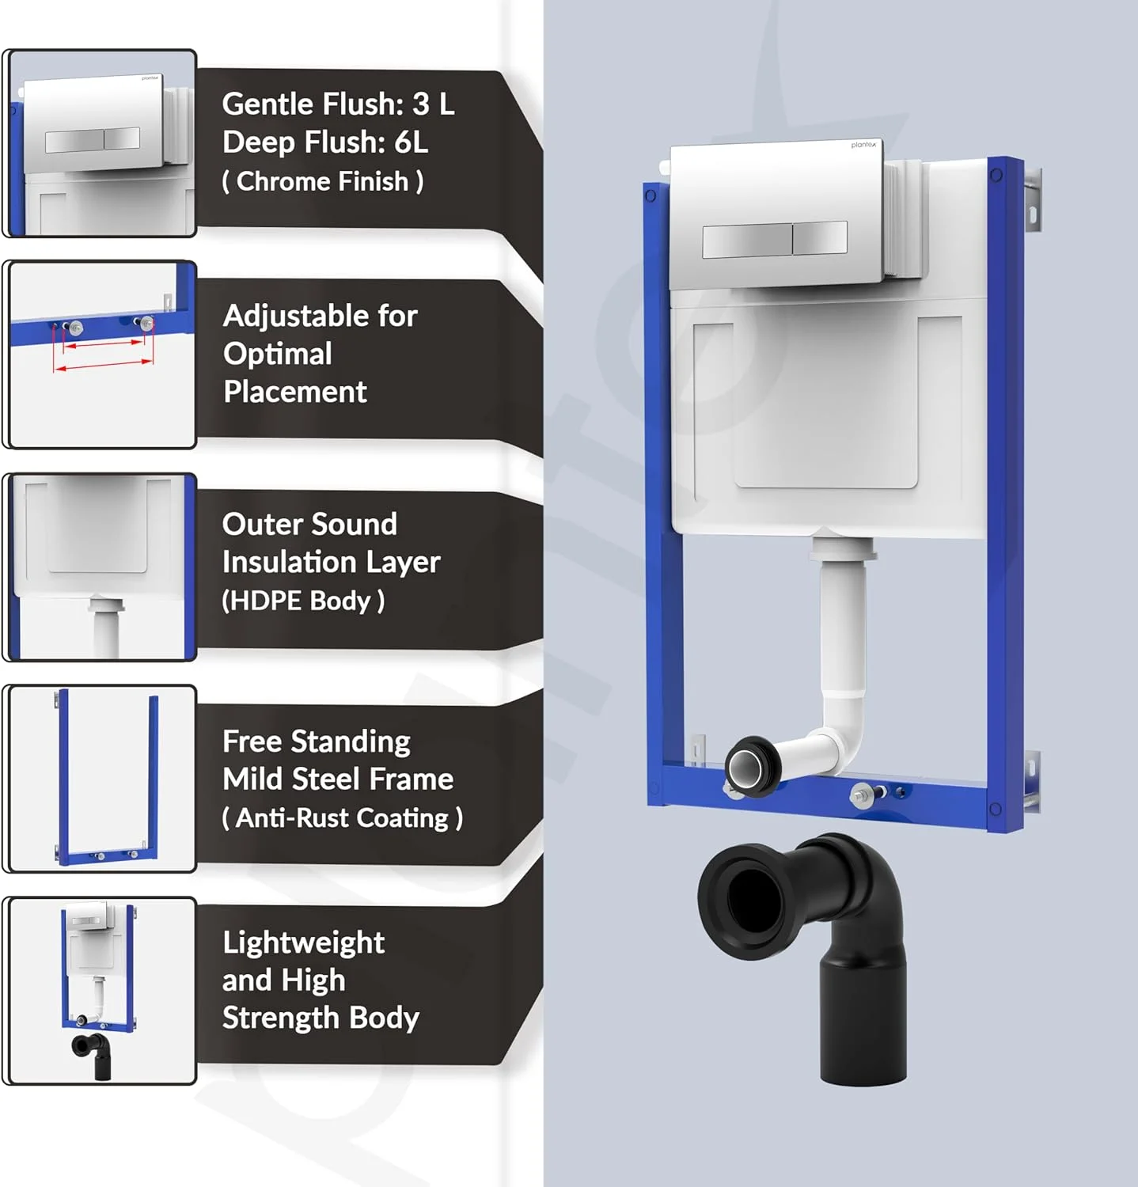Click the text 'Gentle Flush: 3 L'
pos(338,104)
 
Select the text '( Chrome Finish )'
pos(323,181)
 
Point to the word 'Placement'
pos(295,392)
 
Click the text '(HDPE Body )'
pos(303,601)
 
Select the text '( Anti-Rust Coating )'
pos(343,817)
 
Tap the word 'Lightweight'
pos(304,942)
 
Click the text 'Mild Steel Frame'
pos(338,779)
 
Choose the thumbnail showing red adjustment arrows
pos(100,355)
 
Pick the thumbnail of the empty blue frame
pos(100,779)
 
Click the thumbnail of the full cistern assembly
pos(100,991)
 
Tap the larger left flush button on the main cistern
pos(747,241)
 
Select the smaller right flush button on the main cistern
pos(820,237)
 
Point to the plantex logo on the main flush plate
pos(863,145)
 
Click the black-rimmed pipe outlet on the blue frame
pos(749,765)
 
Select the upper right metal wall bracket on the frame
pos(1032,202)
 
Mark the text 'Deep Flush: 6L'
pos(325,142)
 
